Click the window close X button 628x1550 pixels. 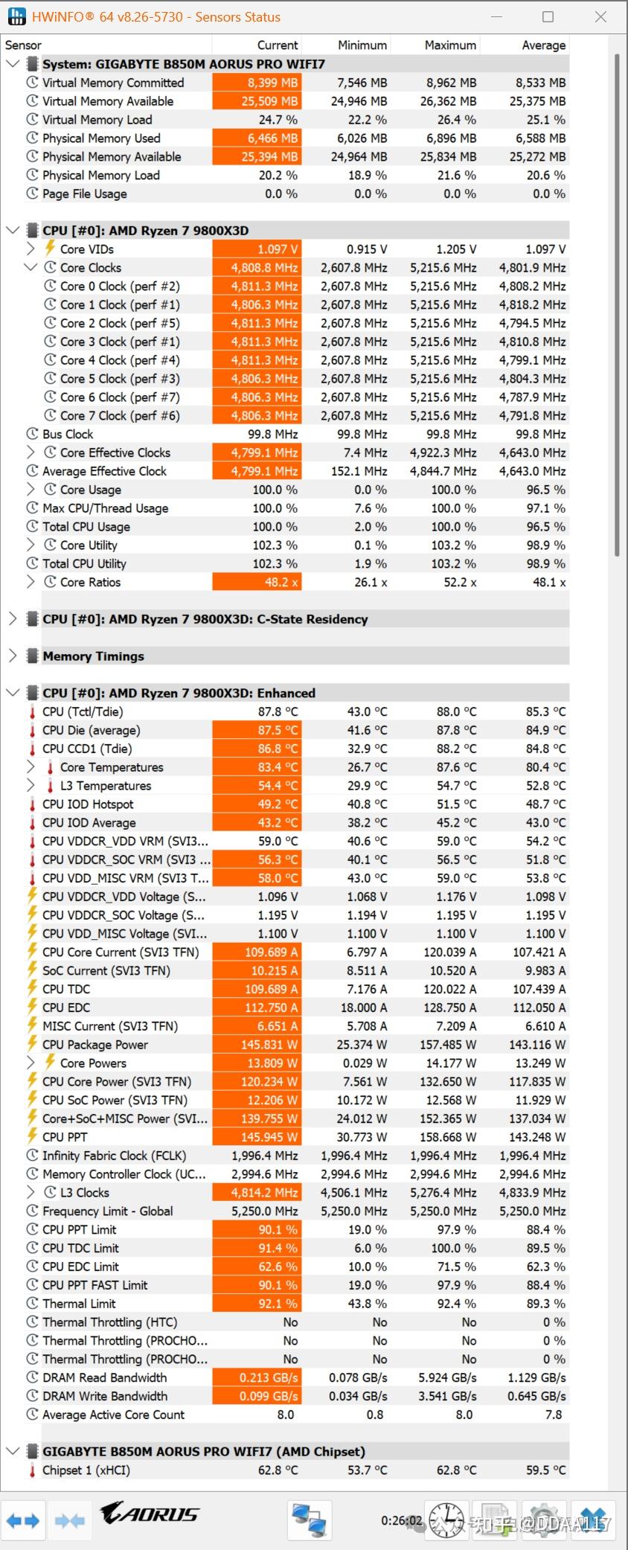pyautogui.click(x=600, y=16)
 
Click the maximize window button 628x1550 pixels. pyautogui.click(x=548, y=16)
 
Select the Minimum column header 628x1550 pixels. pyautogui.click(x=362, y=45)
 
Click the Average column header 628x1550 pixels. pyautogui.click(x=543, y=45)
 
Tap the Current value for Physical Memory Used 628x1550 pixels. pyautogui.click(x=257, y=138)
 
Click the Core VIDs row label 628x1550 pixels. pyautogui.click(x=87, y=249)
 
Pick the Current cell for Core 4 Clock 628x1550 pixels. pyautogui.click(x=257, y=360)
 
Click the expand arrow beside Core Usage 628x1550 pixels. pyautogui.click(x=31, y=490)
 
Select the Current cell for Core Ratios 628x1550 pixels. pyautogui.click(x=257, y=582)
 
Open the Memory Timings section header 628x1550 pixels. pyautogui.click(x=93, y=656)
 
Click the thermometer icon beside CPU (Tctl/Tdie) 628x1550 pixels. pyautogui.click(x=32, y=712)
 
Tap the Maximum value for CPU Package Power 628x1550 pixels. pyautogui.click(x=445, y=1045)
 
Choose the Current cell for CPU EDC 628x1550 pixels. pyautogui.click(x=257, y=1008)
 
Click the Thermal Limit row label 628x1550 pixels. pyautogui.click(x=79, y=1304)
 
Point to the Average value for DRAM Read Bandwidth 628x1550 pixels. pyautogui.click(x=536, y=1377)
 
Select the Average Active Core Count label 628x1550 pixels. pyautogui.click(x=113, y=1415)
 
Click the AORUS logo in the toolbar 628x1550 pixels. pyautogui.click(x=150, y=1514)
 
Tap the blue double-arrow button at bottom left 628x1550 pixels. pyautogui.click(x=22, y=1520)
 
